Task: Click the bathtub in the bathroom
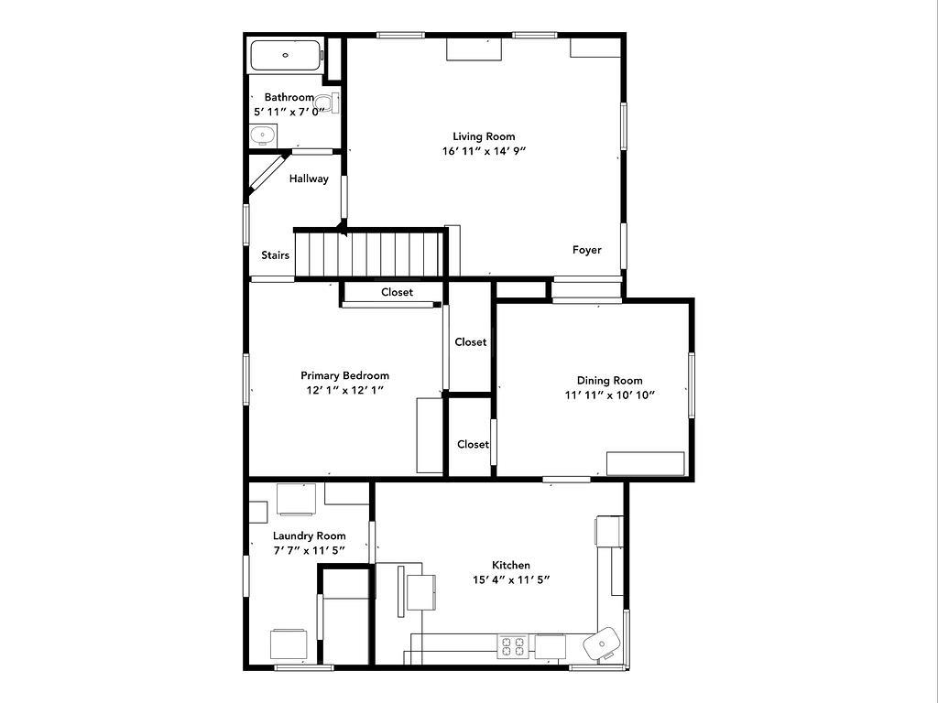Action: (x=286, y=56)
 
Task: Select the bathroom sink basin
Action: (x=263, y=135)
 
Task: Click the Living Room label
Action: (x=484, y=136)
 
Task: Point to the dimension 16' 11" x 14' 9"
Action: (x=484, y=151)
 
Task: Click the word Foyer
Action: (x=586, y=250)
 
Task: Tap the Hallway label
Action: (x=309, y=178)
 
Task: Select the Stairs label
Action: (x=275, y=255)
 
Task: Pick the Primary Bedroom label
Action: (x=344, y=375)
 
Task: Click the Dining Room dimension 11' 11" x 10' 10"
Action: (x=609, y=395)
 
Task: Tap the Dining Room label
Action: (x=609, y=380)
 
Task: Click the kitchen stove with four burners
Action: (x=513, y=647)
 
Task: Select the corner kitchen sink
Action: (x=602, y=644)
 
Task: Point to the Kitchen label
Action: (x=511, y=565)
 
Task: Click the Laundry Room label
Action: (x=310, y=536)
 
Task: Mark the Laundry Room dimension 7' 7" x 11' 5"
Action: (x=310, y=550)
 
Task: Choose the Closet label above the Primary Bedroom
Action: (x=397, y=292)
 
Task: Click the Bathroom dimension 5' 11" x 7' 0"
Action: (x=289, y=112)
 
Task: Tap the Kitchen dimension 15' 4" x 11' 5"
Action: (x=511, y=579)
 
